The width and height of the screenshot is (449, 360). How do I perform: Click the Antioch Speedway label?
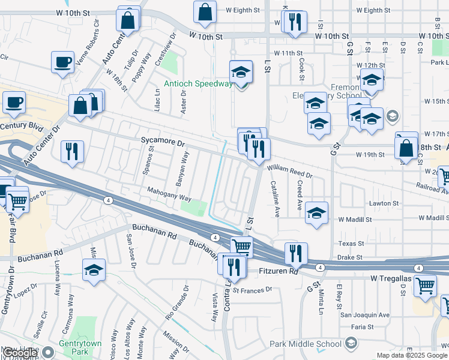[197, 83]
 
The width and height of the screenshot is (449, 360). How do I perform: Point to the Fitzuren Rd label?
[277, 271]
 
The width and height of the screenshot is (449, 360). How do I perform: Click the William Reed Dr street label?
[290, 172]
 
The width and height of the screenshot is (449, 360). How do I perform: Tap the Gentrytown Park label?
[74, 346]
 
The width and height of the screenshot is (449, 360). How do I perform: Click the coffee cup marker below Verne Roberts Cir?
[62, 62]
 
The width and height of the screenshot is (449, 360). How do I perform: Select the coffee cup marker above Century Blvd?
[14, 103]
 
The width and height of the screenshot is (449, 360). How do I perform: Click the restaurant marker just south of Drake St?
[295, 253]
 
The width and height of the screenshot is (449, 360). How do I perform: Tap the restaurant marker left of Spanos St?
[72, 151]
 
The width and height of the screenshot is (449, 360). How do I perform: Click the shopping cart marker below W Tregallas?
[425, 286]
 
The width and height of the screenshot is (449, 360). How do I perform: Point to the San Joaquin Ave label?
[365, 314]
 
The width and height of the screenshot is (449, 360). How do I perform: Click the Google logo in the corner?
[19, 353]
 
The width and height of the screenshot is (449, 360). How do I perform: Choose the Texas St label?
[351, 244]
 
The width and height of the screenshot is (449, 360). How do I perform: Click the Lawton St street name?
[385, 203]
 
